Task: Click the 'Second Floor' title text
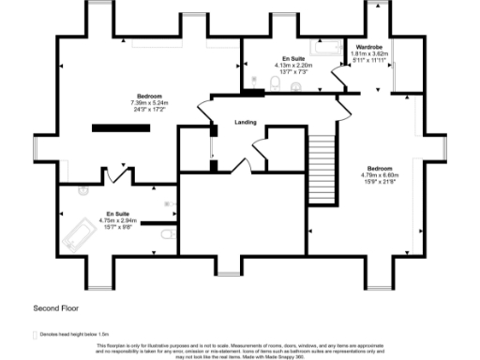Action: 53,307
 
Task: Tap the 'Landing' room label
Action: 246,122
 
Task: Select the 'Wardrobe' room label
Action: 367,47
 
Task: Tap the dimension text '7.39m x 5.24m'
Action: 148,104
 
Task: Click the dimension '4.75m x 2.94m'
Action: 118,221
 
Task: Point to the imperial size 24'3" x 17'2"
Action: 148,111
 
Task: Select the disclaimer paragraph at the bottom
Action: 240,350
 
